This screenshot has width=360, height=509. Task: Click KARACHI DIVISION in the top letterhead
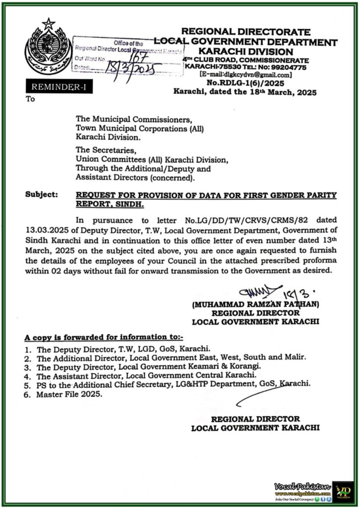(x=246, y=51)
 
